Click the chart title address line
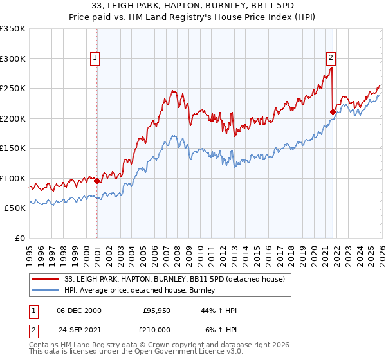pyautogui.click(x=193, y=6)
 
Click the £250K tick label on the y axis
pyautogui.click(x=13, y=88)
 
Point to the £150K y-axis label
pyautogui.click(x=13, y=148)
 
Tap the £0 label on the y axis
pyautogui.click(x=19, y=238)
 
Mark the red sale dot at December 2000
pyautogui.click(x=96, y=181)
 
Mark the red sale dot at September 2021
pyautogui.click(x=333, y=112)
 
